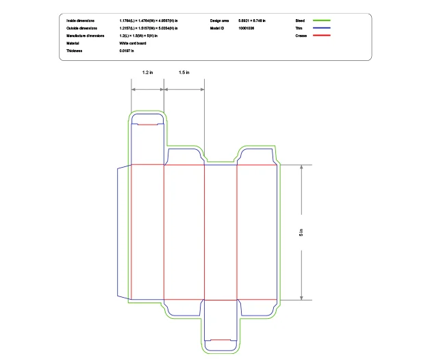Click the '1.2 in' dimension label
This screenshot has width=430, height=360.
point(147,72)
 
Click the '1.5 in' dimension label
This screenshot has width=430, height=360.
point(184,72)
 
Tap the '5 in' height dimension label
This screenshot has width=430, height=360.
point(301,233)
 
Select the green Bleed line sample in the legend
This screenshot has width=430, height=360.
point(321,21)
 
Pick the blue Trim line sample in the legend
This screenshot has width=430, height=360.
point(321,28)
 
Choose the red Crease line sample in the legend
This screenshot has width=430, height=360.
point(321,36)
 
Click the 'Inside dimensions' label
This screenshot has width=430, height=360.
point(81,21)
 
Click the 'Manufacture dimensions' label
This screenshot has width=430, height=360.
point(85,36)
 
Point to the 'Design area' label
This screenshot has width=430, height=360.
point(218,21)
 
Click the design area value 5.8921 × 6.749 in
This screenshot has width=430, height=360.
point(252,21)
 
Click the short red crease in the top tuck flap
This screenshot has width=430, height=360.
point(147,125)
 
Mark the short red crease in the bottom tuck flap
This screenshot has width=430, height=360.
point(220,339)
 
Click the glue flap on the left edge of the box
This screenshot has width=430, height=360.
point(124,233)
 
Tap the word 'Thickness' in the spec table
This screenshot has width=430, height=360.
point(74,51)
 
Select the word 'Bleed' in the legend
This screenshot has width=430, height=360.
point(300,21)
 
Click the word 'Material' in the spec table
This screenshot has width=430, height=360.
point(73,43)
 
